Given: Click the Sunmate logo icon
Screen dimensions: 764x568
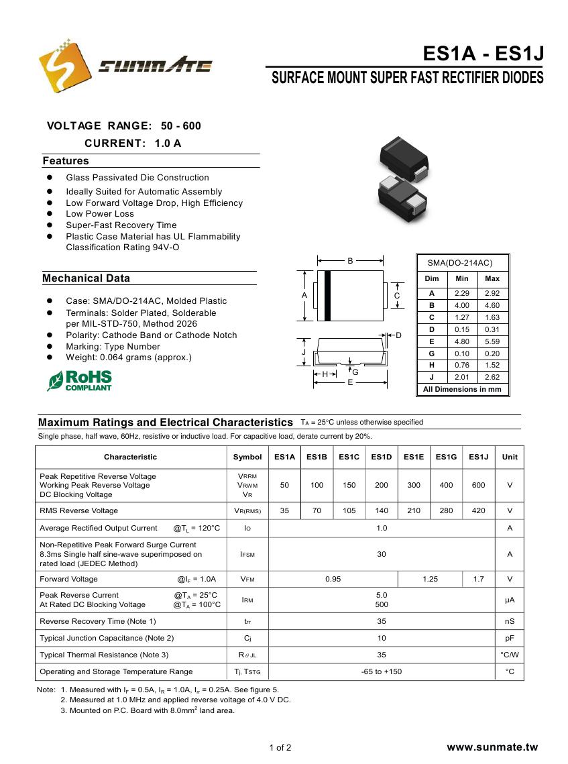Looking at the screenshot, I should [x=65, y=66].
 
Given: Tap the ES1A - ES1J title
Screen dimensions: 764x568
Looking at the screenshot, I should [x=483, y=54].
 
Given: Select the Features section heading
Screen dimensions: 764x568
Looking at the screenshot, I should [x=66, y=161].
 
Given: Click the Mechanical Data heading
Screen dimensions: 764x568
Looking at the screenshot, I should [x=86, y=278].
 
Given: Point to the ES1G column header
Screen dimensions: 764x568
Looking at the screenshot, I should [x=446, y=457].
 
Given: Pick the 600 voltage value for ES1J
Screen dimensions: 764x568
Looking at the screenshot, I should [x=478, y=485].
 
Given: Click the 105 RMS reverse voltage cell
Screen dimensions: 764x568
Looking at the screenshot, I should [x=349, y=510].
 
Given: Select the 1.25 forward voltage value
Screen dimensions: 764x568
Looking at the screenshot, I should [x=430, y=579].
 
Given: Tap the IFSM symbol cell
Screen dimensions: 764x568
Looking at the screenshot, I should [x=247, y=555].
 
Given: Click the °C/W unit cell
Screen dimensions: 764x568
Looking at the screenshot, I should [x=510, y=655].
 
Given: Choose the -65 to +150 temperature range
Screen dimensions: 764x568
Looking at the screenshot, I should [x=382, y=671].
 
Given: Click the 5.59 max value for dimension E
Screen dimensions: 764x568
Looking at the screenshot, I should [x=492, y=341].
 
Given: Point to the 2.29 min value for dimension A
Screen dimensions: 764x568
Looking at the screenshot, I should [x=462, y=293].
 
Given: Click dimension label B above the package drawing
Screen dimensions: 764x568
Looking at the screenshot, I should [x=350, y=261].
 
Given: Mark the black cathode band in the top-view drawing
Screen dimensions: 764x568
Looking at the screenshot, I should [x=327, y=295].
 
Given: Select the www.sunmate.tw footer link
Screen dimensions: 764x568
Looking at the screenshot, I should [x=492, y=747].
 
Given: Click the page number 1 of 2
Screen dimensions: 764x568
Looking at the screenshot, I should [x=280, y=748].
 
